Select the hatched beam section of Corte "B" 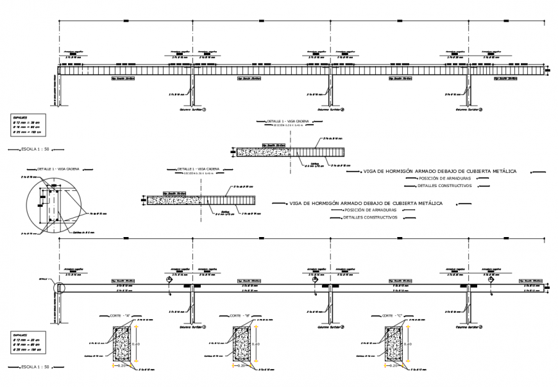241,345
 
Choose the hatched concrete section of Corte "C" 393,345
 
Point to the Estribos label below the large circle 84,232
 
